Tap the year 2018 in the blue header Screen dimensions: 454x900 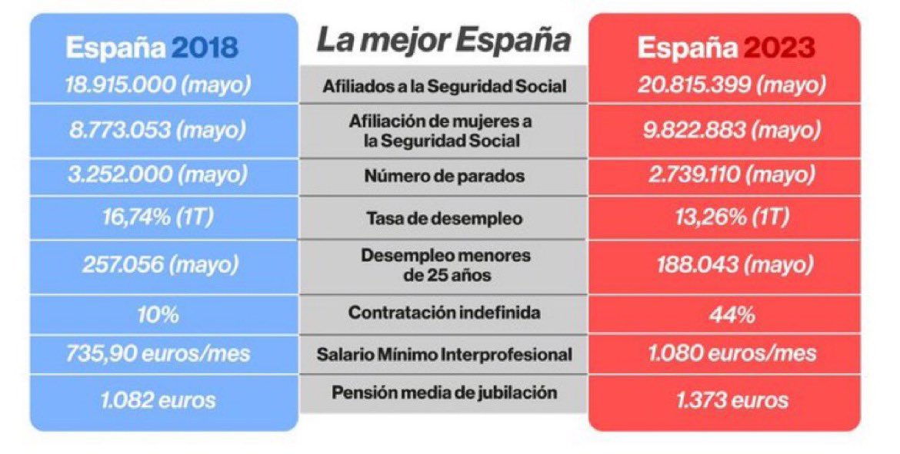click(x=204, y=48)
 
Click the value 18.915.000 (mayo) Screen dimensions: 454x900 click(x=158, y=85)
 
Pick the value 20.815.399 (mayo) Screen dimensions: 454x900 click(x=731, y=85)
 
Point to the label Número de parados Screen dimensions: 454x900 click(x=444, y=177)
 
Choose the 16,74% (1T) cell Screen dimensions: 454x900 click(x=158, y=218)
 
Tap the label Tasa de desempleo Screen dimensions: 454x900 click(x=444, y=219)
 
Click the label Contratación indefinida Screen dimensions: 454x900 click(x=444, y=313)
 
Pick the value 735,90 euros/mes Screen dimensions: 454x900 click(x=158, y=354)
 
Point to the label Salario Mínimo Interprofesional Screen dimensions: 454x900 click(x=444, y=355)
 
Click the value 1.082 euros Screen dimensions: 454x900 click(x=158, y=399)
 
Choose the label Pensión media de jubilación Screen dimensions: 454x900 click(x=444, y=393)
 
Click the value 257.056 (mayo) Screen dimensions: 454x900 click(x=158, y=265)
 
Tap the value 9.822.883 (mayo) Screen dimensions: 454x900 click(x=731, y=130)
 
